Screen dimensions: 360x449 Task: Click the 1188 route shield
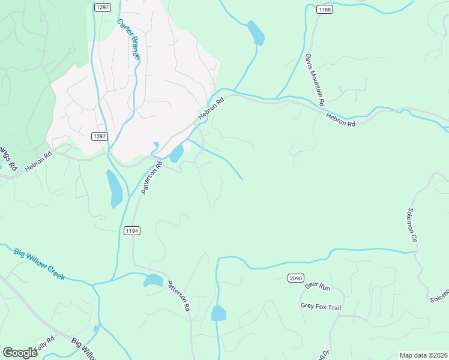(325, 9)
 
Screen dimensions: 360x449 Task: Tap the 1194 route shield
(132, 230)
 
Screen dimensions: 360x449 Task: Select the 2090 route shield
(295, 278)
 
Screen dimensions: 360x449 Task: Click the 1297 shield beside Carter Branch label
(101, 7)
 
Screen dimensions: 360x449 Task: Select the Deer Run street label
(318, 287)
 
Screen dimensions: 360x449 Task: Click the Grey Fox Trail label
(321, 307)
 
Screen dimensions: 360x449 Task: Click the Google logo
(20, 353)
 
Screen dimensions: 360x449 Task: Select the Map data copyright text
(423, 355)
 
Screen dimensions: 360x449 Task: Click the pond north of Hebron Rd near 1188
(256, 32)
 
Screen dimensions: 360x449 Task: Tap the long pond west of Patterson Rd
(114, 188)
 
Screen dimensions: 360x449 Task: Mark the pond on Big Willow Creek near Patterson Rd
(153, 280)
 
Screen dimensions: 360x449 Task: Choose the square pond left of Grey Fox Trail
(218, 313)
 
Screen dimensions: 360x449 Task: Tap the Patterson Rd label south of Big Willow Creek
(178, 296)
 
